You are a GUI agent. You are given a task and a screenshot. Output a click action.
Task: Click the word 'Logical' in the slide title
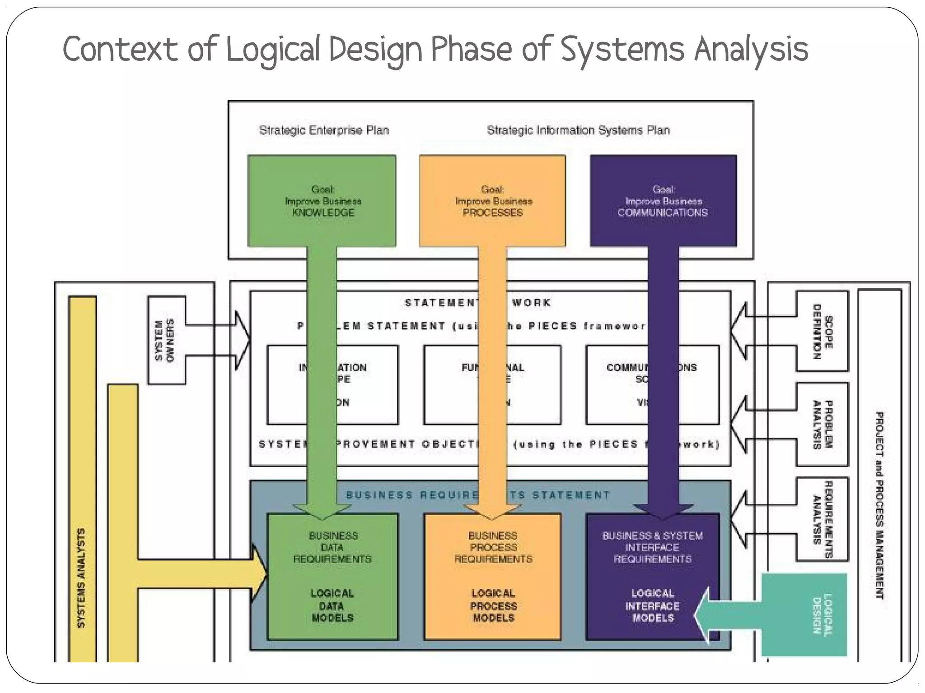pos(272,50)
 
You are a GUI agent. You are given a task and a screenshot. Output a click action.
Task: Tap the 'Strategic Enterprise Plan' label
pos(324,130)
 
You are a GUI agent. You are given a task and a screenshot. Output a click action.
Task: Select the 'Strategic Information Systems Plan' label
pos(578,130)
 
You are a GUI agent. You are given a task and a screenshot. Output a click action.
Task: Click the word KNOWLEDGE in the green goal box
pos(323,213)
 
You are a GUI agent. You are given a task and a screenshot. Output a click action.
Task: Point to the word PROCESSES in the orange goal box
pos(493,213)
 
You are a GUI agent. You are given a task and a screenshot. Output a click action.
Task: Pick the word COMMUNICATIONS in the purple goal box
pos(663,213)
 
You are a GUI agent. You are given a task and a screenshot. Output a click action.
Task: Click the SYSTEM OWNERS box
pos(166,340)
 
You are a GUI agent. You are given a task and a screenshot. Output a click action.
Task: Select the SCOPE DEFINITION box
pos(822,332)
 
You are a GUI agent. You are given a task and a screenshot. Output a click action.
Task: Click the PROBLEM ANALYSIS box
pos(822,425)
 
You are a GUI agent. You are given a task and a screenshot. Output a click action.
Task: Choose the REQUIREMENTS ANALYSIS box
pos(822,519)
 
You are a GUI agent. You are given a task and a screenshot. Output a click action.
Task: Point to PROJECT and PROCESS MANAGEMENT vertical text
pos(879,505)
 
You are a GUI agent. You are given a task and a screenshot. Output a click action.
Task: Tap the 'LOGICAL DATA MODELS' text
pos(332,606)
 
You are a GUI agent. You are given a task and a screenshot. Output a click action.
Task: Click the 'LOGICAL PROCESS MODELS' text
pos(493,606)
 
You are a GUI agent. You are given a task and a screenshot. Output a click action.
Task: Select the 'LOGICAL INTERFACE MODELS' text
pos(652,606)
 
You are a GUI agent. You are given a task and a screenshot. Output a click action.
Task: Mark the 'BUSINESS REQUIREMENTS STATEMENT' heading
pos(478,495)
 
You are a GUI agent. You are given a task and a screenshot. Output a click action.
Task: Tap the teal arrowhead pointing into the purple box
pos(702,614)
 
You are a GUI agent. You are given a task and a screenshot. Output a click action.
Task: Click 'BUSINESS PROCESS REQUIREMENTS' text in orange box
pos(493,547)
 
